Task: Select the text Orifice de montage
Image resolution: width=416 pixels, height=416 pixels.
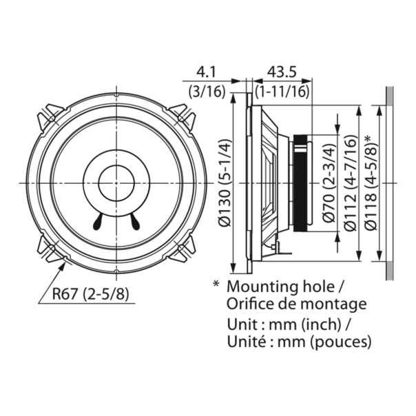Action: (296, 304)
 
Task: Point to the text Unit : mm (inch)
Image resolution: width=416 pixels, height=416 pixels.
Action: (289, 323)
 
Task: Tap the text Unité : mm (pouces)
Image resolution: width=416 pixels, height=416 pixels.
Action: (299, 341)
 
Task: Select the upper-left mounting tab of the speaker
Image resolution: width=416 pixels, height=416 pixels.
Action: (52, 116)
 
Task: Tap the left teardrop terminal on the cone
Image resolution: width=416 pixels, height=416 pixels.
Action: (97, 222)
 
